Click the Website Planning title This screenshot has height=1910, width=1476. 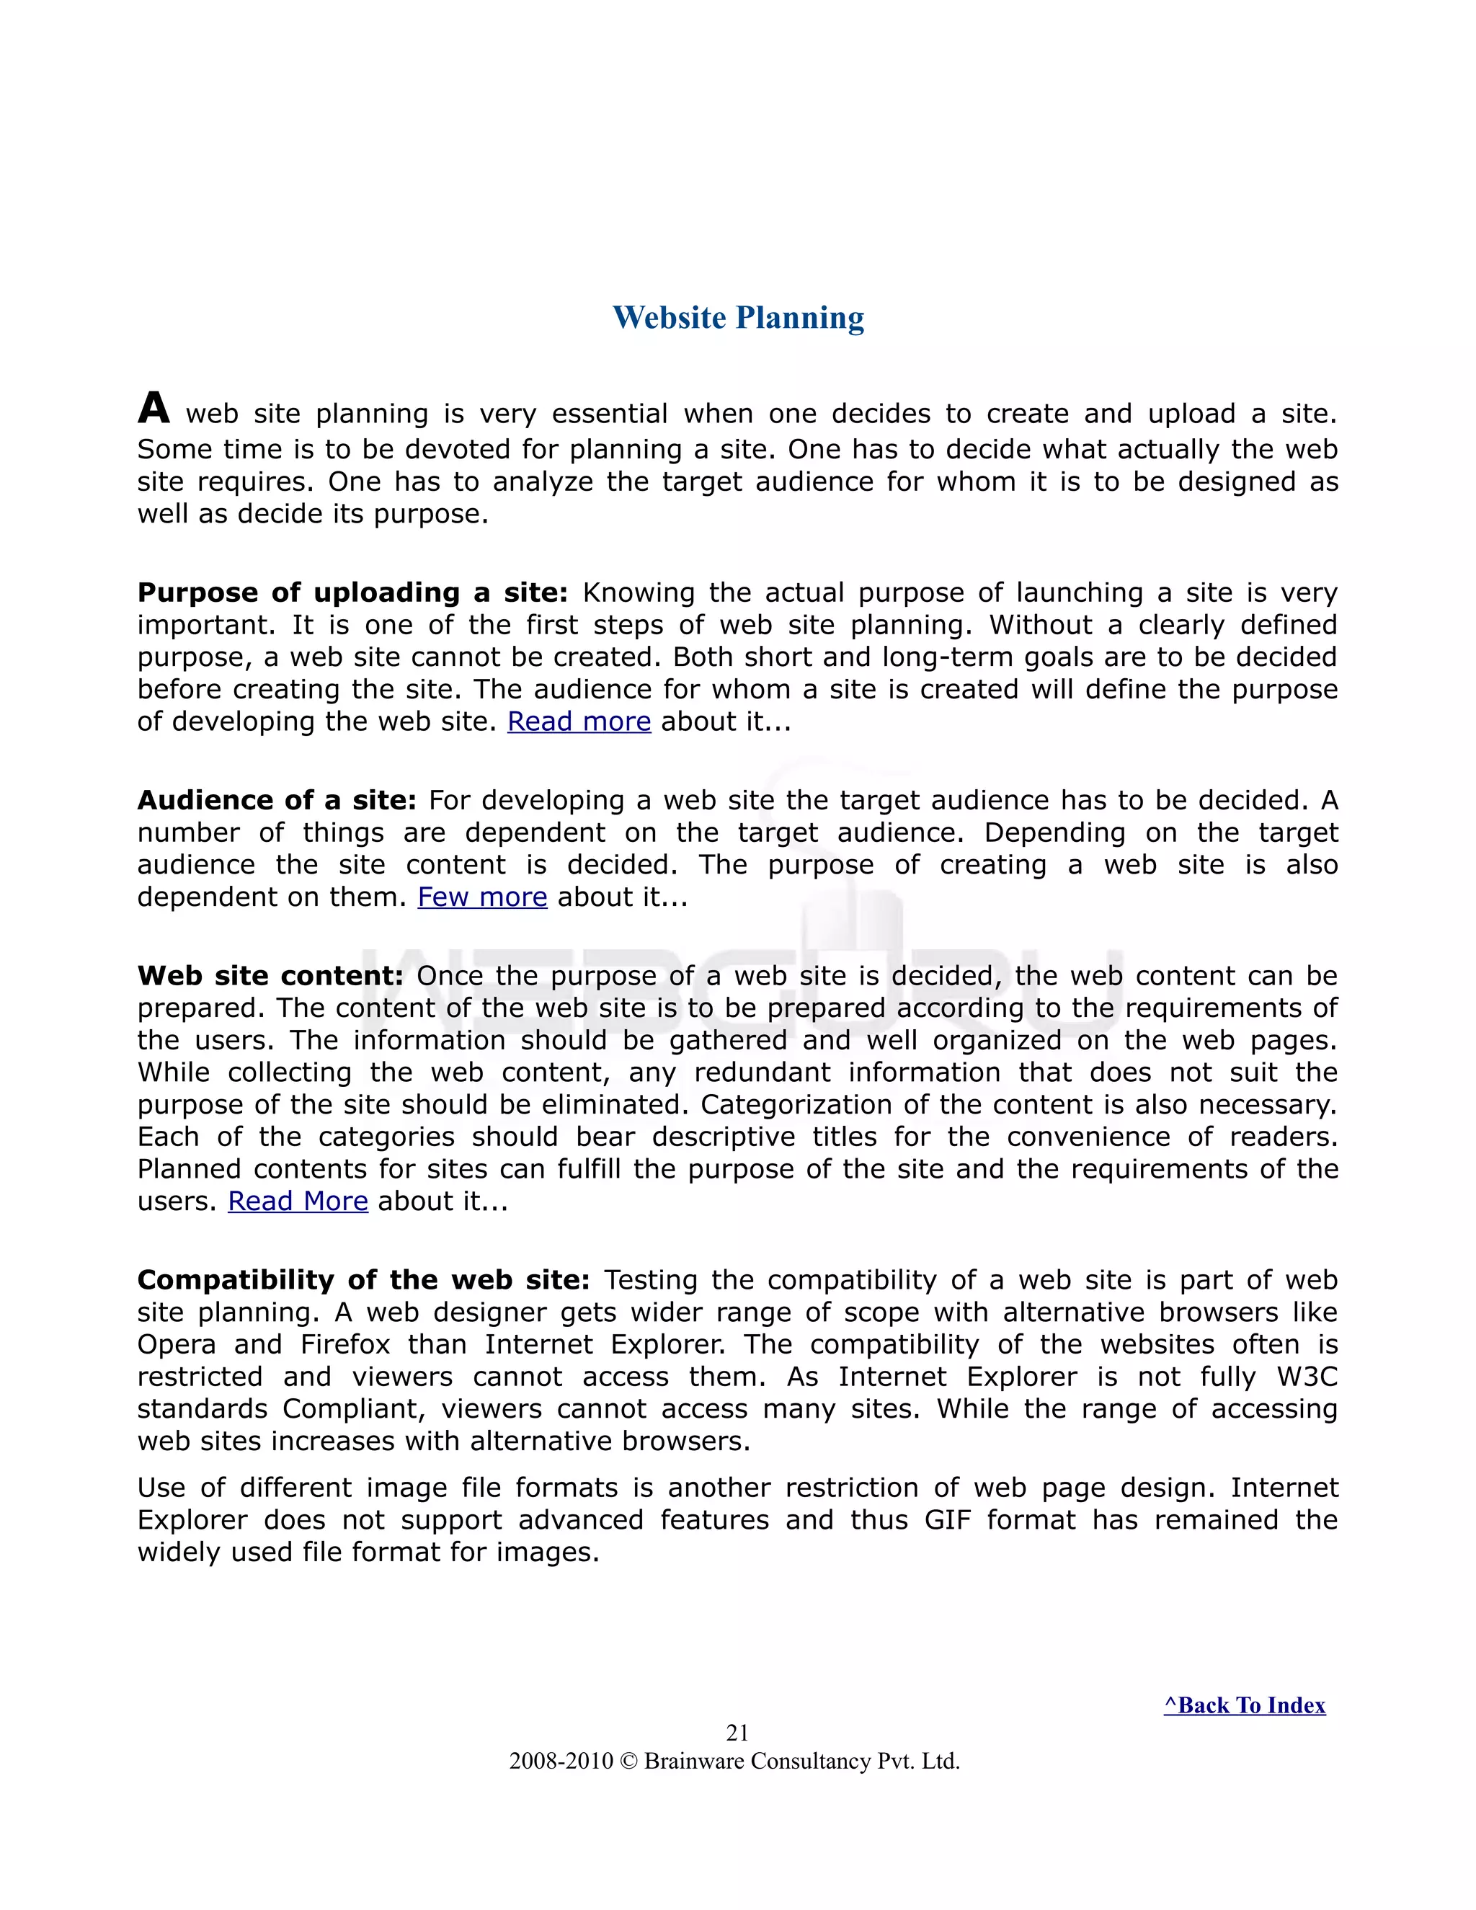tap(738, 317)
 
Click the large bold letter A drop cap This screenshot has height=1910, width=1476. tap(154, 409)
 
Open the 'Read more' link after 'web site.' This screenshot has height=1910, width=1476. tap(579, 721)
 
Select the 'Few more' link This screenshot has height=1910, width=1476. tap(482, 897)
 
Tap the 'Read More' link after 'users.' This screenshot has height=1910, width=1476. tap(298, 1201)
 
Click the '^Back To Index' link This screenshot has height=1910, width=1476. tap(1244, 1705)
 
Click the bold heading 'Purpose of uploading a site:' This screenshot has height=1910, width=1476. tap(352, 593)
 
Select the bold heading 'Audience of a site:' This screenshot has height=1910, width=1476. tap(276, 800)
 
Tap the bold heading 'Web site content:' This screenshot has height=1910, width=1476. tap(270, 976)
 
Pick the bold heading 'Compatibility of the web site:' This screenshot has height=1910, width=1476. tap(364, 1280)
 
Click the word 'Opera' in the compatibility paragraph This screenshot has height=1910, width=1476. tap(177, 1345)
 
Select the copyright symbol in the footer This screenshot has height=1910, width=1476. tap(628, 1762)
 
